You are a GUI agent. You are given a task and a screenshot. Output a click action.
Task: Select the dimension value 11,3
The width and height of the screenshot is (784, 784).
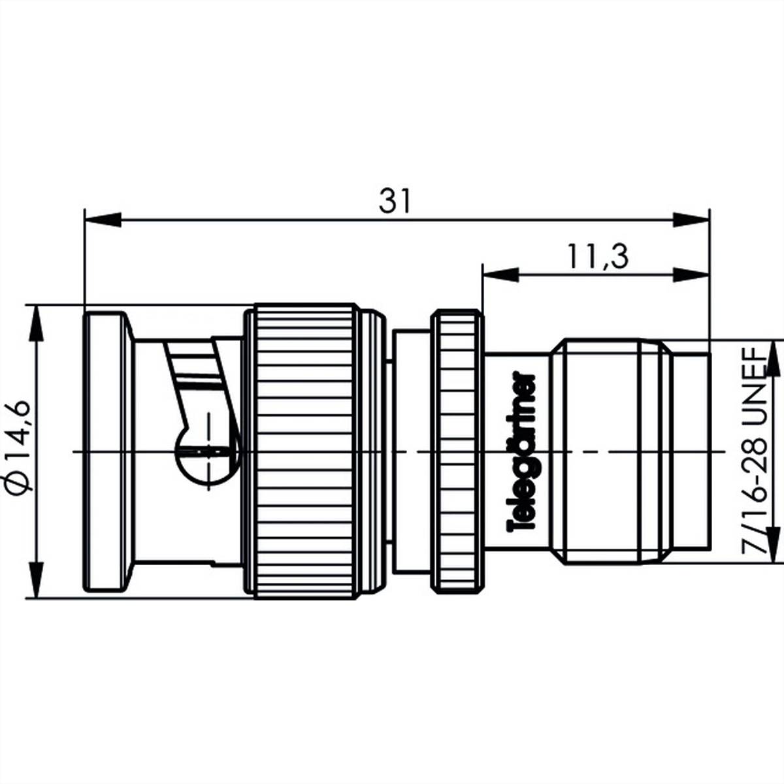pos(597,257)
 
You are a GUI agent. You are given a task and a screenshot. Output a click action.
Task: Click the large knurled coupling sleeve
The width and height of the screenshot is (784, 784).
pos(305,451)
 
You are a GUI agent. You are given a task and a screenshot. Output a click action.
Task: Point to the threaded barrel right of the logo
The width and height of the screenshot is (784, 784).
pos(611,451)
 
